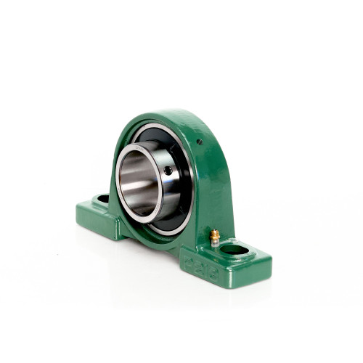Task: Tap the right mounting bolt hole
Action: (x=234, y=250)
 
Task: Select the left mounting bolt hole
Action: (x=103, y=198)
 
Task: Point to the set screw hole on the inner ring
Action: (x=168, y=171)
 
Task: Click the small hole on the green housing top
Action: (x=200, y=142)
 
